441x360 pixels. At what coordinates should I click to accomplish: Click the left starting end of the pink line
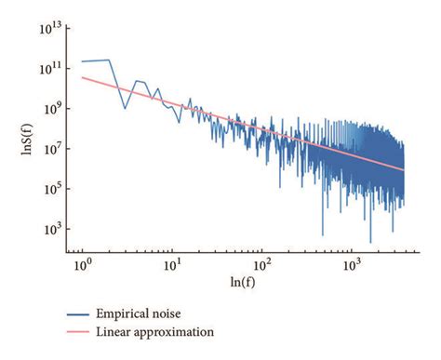[82, 77]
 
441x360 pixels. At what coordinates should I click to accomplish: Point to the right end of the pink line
[405, 170]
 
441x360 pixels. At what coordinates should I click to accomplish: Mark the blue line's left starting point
[82, 61]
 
